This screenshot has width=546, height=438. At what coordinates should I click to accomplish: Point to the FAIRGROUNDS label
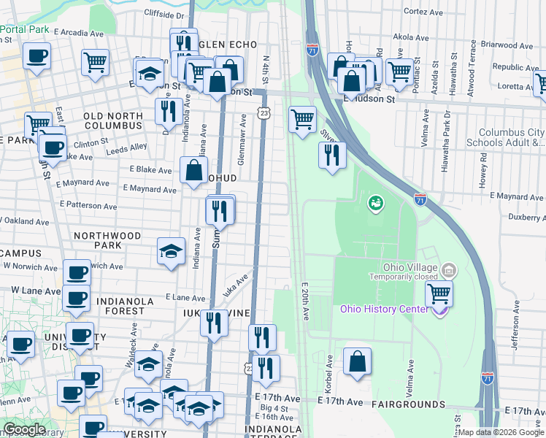[408, 404]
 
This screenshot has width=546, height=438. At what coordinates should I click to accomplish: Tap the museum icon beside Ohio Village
[449, 271]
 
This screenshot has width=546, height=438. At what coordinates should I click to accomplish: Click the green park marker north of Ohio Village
[377, 202]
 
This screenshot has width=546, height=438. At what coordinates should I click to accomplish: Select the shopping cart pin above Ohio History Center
[439, 293]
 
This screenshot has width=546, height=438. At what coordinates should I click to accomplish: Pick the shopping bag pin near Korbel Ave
[357, 361]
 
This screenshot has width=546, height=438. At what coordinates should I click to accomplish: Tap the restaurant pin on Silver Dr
[331, 155]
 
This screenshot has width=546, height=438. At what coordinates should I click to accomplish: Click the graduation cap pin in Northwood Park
[171, 252]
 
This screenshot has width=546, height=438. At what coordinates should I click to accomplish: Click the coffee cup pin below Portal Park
[37, 56]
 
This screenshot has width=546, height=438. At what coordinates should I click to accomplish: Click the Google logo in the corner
[24, 429]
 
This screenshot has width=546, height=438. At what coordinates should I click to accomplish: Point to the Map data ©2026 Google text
[501, 432]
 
